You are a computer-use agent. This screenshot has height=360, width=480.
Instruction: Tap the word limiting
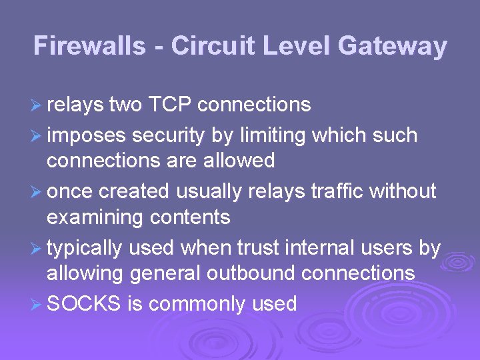pos(273,135)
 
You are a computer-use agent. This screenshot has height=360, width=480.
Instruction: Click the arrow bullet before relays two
pos(37,105)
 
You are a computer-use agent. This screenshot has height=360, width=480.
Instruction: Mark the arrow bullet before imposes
pos(37,136)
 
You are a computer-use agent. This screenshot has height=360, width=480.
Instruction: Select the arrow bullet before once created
pos(37,192)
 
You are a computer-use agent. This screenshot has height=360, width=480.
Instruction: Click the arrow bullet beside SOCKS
pos(37,305)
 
